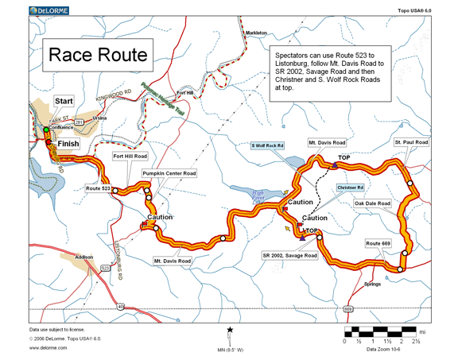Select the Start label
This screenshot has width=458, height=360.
(x=64, y=102)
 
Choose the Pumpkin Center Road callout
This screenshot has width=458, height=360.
(x=169, y=172)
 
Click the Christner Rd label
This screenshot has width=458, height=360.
(x=350, y=188)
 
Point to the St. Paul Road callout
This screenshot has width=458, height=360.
(x=411, y=142)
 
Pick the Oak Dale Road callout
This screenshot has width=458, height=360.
(x=373, y=203)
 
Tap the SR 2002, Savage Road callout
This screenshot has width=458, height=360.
(x=289, y=255)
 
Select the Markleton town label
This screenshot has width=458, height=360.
(x=255, y=33)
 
